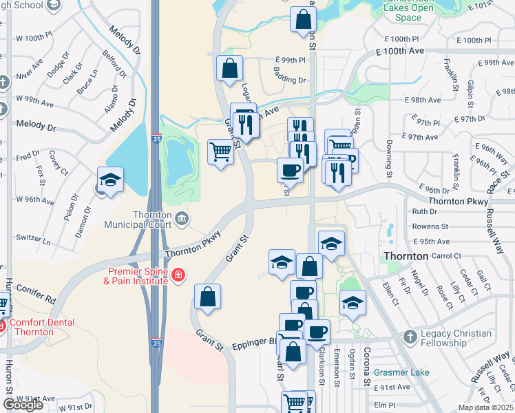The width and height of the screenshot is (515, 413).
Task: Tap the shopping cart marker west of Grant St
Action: click(220, 151)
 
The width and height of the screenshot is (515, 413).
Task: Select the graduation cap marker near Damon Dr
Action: click(110, 180)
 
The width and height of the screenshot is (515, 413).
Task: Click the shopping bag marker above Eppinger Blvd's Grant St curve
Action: click(207, 297)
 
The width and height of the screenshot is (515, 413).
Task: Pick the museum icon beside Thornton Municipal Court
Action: click(182, 219)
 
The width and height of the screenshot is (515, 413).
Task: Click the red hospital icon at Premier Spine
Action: click(177, 276)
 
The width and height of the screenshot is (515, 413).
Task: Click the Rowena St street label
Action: click(430, 226)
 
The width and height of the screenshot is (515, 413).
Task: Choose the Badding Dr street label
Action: click(288, 80)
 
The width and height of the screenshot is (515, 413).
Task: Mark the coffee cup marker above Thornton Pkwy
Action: click(290, 169)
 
